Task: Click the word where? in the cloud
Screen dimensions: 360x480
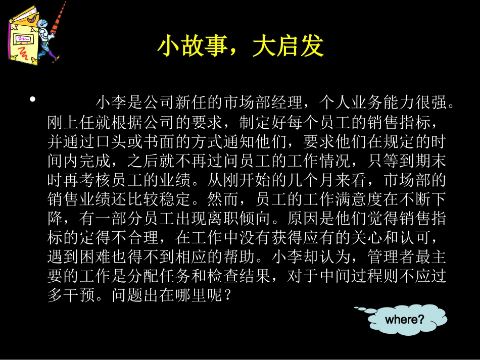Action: click(404, 319)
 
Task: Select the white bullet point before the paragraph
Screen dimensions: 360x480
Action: click(33, 99)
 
